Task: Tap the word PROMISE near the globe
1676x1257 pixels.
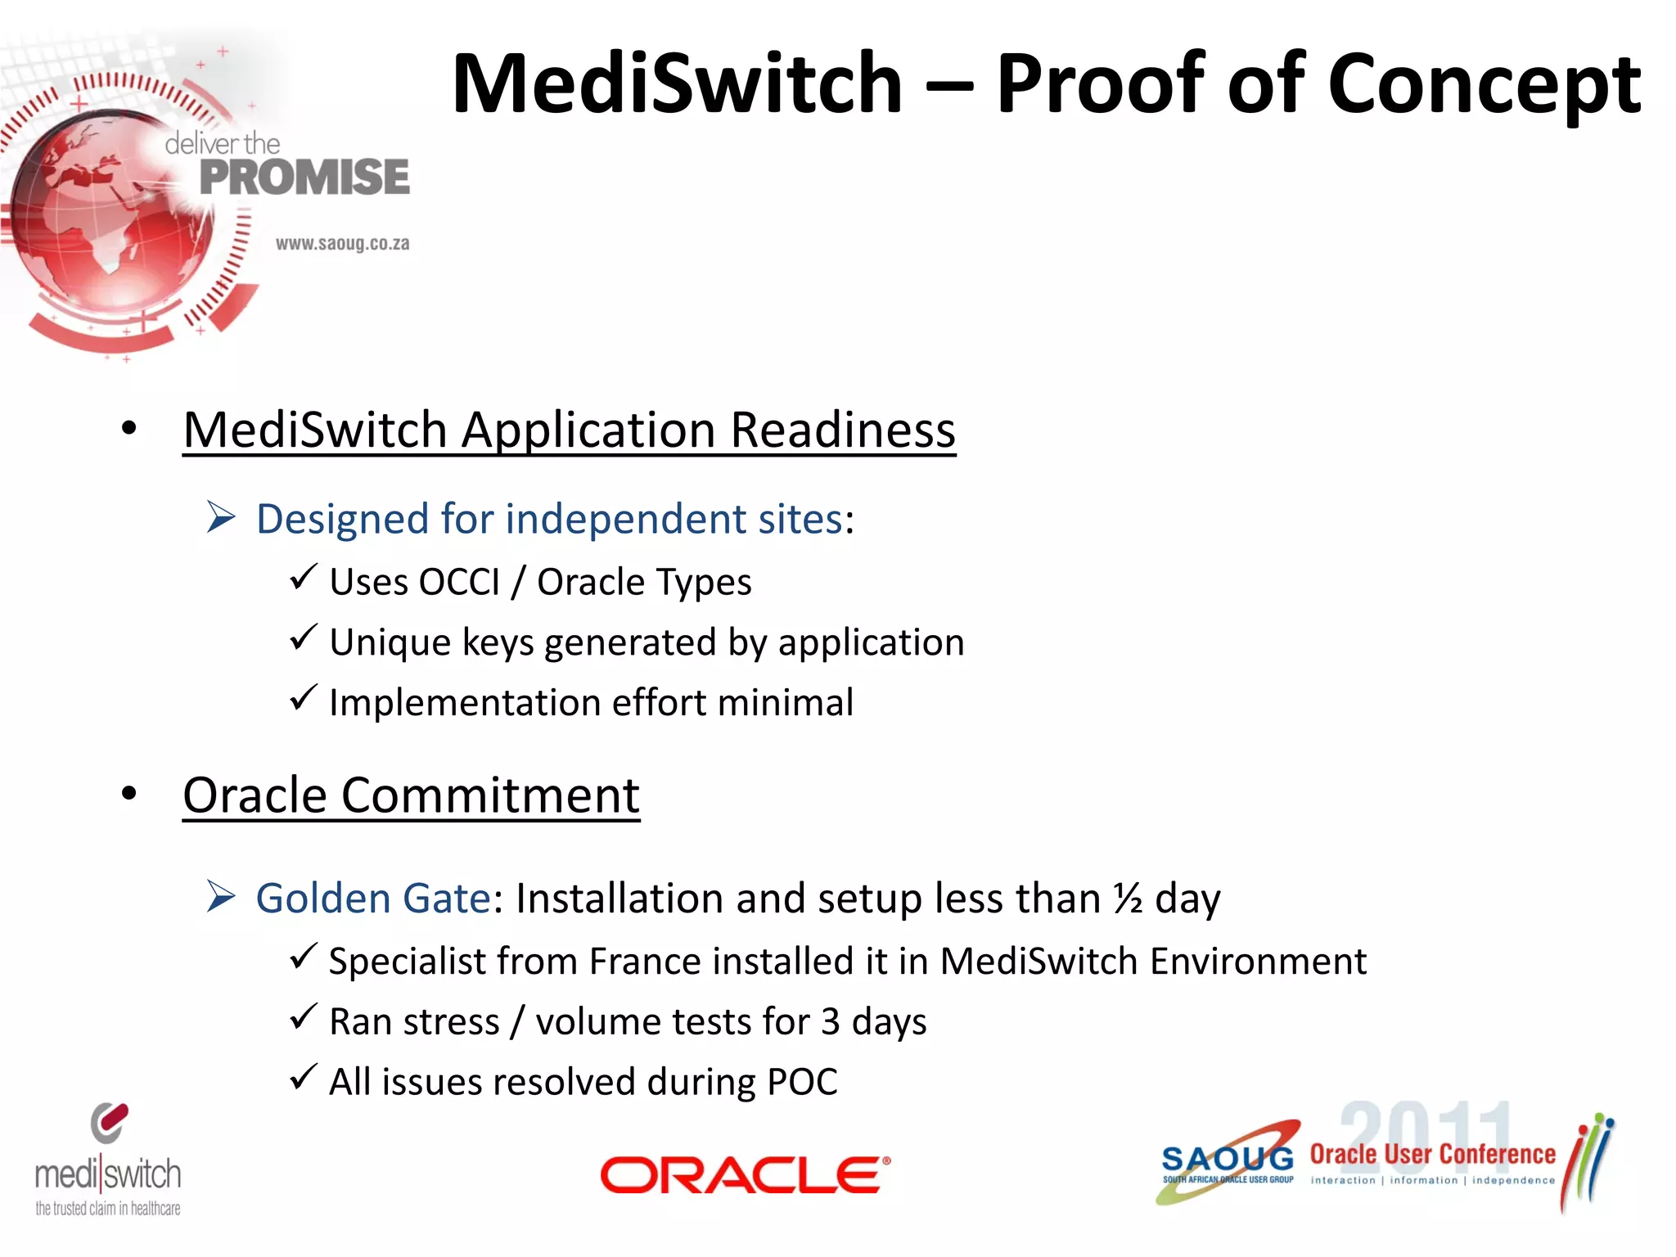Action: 304,178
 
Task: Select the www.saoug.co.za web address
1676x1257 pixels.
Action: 342,244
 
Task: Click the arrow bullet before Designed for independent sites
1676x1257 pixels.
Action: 221,517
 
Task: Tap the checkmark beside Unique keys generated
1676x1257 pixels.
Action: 303,638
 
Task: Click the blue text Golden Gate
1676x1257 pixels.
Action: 373,899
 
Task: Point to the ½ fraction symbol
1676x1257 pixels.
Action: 1129,899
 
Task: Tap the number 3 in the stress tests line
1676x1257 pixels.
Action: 830,1022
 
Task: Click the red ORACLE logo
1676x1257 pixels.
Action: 745,1175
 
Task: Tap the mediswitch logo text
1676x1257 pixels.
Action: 108,1175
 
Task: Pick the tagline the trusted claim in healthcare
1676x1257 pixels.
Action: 108,1209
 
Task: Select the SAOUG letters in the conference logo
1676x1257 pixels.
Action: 1228,1159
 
